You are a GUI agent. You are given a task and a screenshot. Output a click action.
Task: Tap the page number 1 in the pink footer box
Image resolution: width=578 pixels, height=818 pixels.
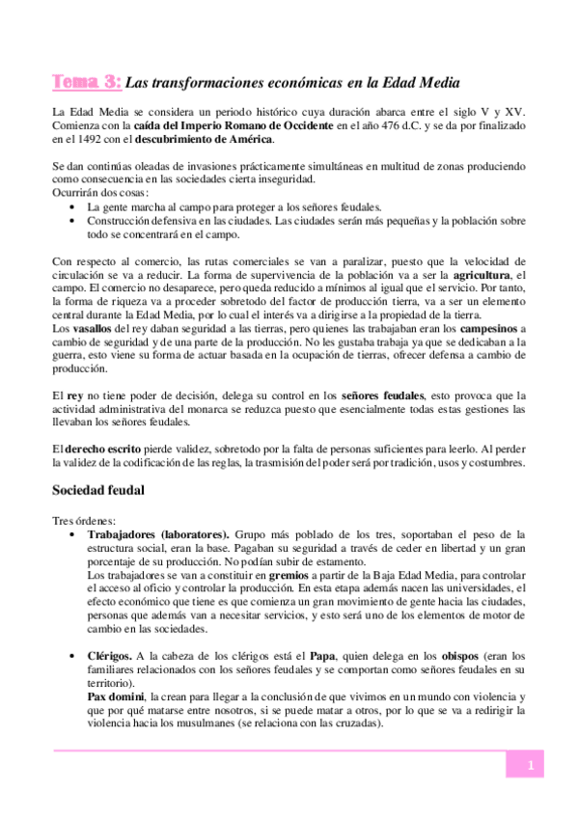[x=530, y=766]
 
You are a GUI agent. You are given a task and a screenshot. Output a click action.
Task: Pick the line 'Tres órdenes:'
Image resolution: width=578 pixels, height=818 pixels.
[x=83, y=521]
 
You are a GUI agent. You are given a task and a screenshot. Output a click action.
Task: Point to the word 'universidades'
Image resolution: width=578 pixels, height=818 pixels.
[x=483, y=587]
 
